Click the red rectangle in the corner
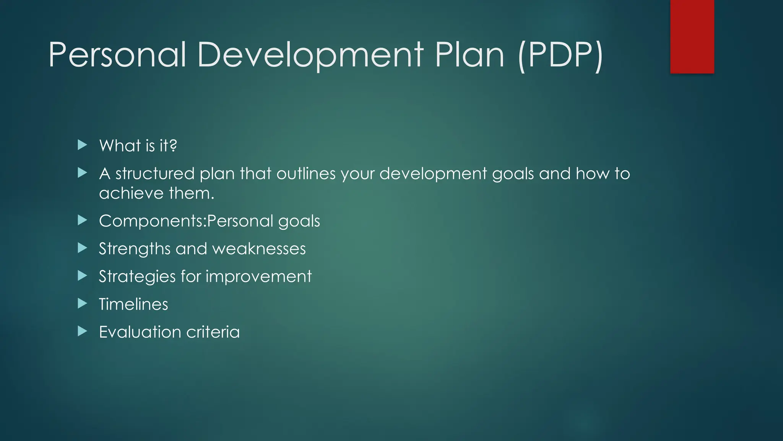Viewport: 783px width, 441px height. click(692, 36)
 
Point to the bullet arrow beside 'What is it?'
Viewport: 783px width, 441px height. click(82, 145)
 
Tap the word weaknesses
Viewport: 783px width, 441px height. click(259, 249)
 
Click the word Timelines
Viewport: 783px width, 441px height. click(133, 304)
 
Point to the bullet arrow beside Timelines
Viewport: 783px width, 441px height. click(82, 304)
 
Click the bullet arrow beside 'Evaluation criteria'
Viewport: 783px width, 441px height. click(82, 332)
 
